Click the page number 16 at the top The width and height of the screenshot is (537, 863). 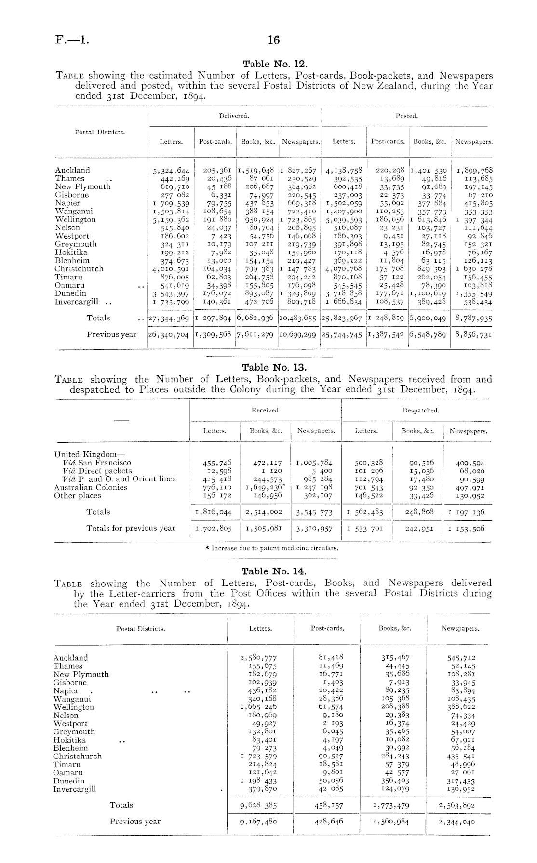(x=273, y=40)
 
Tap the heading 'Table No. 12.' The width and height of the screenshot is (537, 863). (x=274, y=63)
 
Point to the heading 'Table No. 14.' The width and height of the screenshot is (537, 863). (x=274, y=571)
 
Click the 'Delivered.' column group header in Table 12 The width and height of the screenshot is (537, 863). (x=234, y=116)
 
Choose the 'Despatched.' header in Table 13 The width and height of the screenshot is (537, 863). (x=420, y=411)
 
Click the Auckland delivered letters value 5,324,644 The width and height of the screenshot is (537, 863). (x=171, y=170)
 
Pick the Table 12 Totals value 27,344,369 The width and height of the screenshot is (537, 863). (x=169, y=318)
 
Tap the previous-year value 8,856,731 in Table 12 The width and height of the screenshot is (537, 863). (x=473, y=334)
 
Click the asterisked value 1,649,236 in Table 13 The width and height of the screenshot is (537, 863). (x=265, y=487)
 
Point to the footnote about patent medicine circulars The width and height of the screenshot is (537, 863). (x=272, y=548)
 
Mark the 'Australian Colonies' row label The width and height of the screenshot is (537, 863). (x=91, y=487)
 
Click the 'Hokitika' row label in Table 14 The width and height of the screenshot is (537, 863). (x=69, y=740)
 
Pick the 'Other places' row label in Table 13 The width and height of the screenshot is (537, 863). (x=78, y=495)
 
